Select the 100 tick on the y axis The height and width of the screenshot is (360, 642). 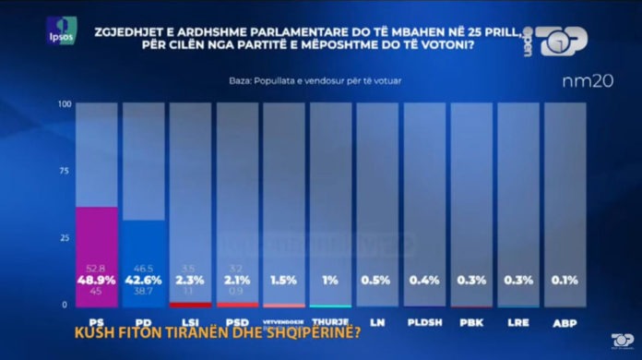(x=64, y=104)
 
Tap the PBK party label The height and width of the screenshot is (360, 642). (x=472, y=322)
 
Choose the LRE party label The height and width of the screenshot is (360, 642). (x=519, y=322)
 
